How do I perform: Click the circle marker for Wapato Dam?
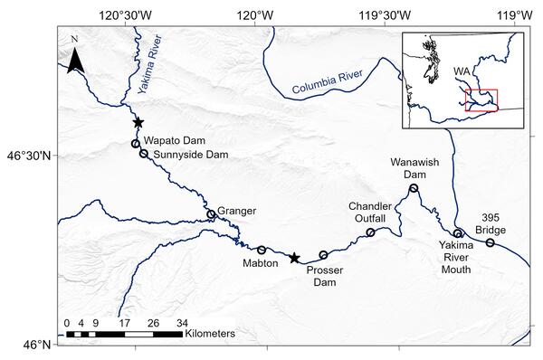136,143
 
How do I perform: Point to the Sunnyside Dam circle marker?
144,154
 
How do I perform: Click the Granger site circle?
211,214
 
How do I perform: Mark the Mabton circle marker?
262,250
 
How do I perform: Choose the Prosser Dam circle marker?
323,255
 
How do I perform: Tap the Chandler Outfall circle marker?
370,232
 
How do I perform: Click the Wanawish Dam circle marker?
414,188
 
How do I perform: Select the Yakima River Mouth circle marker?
458,233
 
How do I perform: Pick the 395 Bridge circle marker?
491,242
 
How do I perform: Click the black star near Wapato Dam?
138,122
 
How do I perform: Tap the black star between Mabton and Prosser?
294,259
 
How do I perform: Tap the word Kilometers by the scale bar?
210,334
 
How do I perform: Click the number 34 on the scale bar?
183,323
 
